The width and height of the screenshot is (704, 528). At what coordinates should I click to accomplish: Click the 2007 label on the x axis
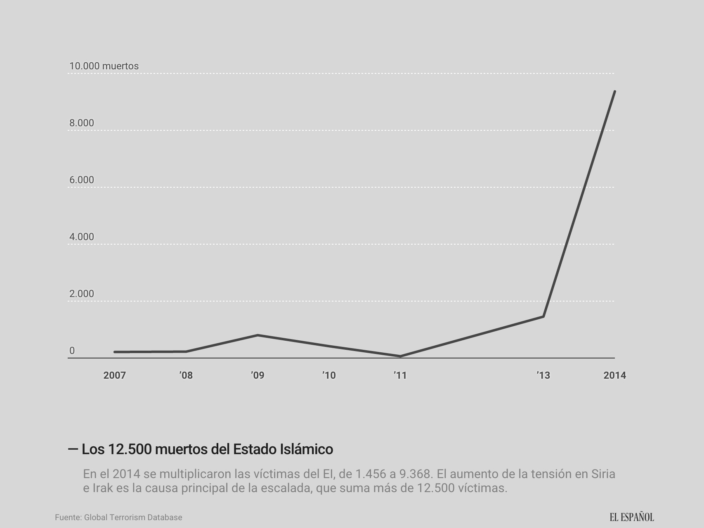pyautogui.click(x=114, y=375)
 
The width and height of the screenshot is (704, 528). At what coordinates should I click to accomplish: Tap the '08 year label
pyautogui.click(x=186, y=375)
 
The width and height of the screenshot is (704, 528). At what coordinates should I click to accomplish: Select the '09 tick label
pyautogui.click(x=258, y=375)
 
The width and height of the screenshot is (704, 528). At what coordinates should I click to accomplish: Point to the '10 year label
pyautogui.click(x=329, y=375)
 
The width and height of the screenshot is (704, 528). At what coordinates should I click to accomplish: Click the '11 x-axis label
pyautogui.click(x=400, y=375)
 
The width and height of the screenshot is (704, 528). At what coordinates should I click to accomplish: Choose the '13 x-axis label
pyautogui.click(x=543, y=375)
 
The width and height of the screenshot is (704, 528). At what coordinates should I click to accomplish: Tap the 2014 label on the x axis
pyautogui.click(x=614, y=375)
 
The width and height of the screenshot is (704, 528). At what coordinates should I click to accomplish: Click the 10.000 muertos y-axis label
pyautogui.click(x=104, y=66)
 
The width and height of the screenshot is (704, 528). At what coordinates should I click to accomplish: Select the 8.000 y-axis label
pyautogui.click(x=82, y=123)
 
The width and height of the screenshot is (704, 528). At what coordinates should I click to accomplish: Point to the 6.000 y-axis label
pyautogui.click(x=82, y=180)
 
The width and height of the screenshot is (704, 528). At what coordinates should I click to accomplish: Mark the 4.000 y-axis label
pyautogui.click(x=82, y=237)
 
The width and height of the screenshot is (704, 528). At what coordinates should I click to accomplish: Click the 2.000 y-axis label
pyautogui.click(x=82, y=294)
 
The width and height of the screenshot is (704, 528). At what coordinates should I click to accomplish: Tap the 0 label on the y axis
pyautogui.click(x=72, y=351)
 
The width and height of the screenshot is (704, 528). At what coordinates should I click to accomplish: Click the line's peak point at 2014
pyautogui.click(x=614, y=92)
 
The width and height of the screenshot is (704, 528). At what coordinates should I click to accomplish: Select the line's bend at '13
pyautogui.click(x=543, y=316)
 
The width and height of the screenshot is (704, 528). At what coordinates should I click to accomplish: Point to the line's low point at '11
pyautogui.click(x=400, y=356)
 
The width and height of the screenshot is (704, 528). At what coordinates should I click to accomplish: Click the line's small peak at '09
pyautogui.click(x=258, y=335)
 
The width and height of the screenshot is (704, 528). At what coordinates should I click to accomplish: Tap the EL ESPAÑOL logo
pyautogui.click(x=632, y=517)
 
